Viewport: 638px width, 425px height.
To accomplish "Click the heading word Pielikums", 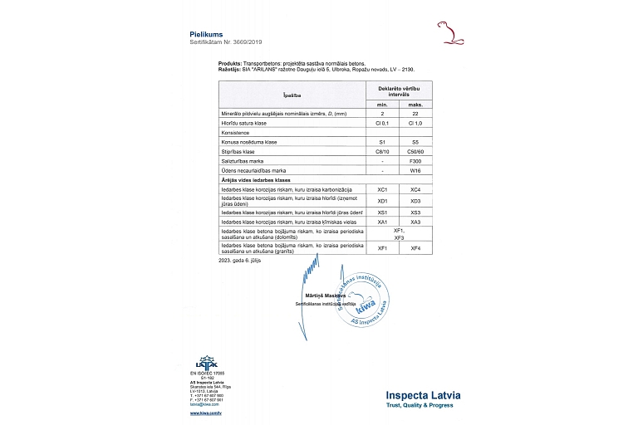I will [207, 33].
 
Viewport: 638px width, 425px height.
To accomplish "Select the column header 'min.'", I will [383, 104].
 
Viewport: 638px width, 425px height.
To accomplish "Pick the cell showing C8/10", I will [383, 151].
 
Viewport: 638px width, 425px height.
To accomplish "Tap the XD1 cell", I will [383, 201].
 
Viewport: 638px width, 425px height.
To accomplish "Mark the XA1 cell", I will [383, 222].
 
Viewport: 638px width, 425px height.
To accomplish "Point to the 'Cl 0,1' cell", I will [383, 122].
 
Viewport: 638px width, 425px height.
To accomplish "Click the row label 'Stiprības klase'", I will [237, 151].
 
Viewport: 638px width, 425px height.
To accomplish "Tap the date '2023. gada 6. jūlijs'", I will [246, 260].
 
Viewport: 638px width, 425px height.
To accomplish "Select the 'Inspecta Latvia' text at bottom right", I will [428, 395].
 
